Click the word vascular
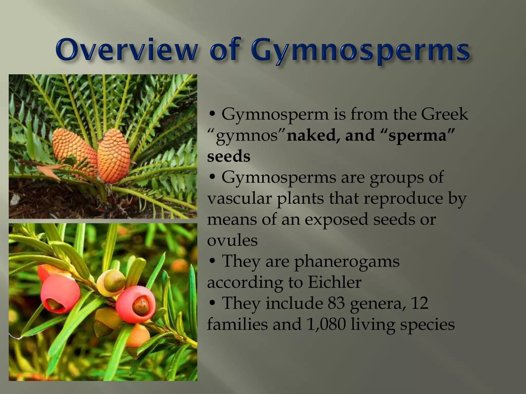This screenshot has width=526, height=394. tap(239, 198)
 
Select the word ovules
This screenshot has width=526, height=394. tap(232, 240)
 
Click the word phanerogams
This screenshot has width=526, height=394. tap(347, 262)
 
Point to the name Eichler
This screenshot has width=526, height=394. tap(335, 282)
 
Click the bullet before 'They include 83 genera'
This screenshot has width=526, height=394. tap(212, 303)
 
